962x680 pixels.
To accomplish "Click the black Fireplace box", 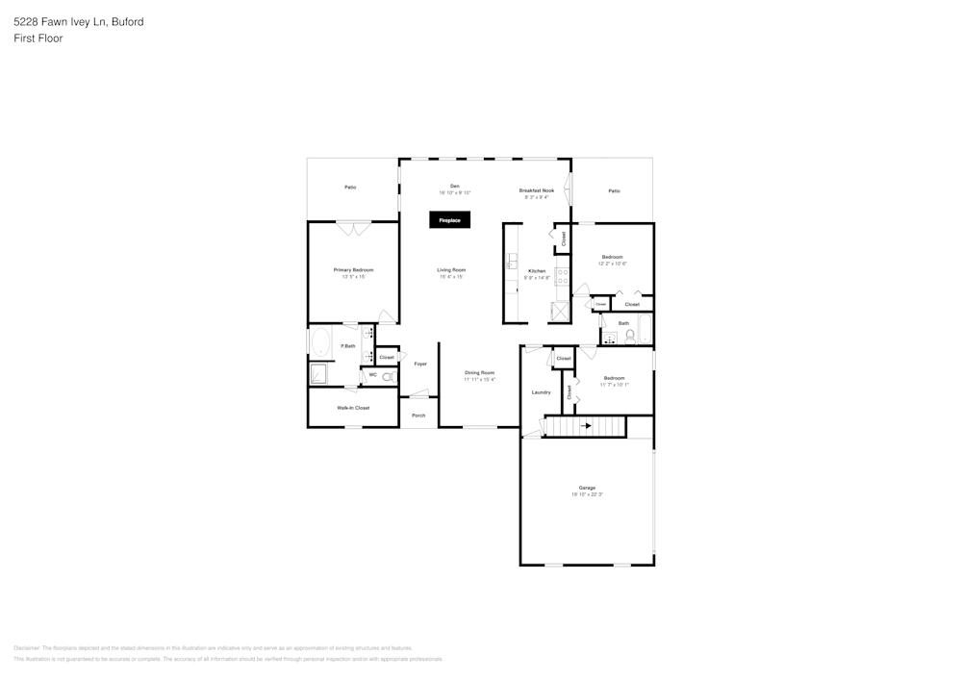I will [450, 220].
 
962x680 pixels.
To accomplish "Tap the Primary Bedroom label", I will [353, 270].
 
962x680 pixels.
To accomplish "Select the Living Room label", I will [451, 270].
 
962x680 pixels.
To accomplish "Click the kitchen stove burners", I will [562, 279].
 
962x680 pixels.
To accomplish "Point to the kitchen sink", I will [513, 260].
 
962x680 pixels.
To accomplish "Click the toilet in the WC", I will [388, 378].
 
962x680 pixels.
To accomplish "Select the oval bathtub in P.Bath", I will [319, 342].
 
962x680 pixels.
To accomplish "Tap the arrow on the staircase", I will [585, 424].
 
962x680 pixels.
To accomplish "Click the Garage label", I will [587, 488].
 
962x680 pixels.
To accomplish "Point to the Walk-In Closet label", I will [353, 408].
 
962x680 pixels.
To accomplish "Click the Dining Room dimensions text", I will [479, 379].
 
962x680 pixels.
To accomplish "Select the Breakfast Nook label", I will [537, 190].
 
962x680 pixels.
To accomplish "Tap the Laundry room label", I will [541, 392].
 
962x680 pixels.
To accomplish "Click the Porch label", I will [418, 416].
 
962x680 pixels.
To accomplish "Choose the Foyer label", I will [420, 364].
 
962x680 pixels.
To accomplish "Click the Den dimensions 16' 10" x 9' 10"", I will [455, 193].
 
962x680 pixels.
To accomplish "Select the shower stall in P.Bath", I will [319, 373].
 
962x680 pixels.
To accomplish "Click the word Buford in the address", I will [126, 21].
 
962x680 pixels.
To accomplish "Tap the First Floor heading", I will [38, 38].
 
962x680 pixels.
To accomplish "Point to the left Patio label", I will [350, 187].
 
